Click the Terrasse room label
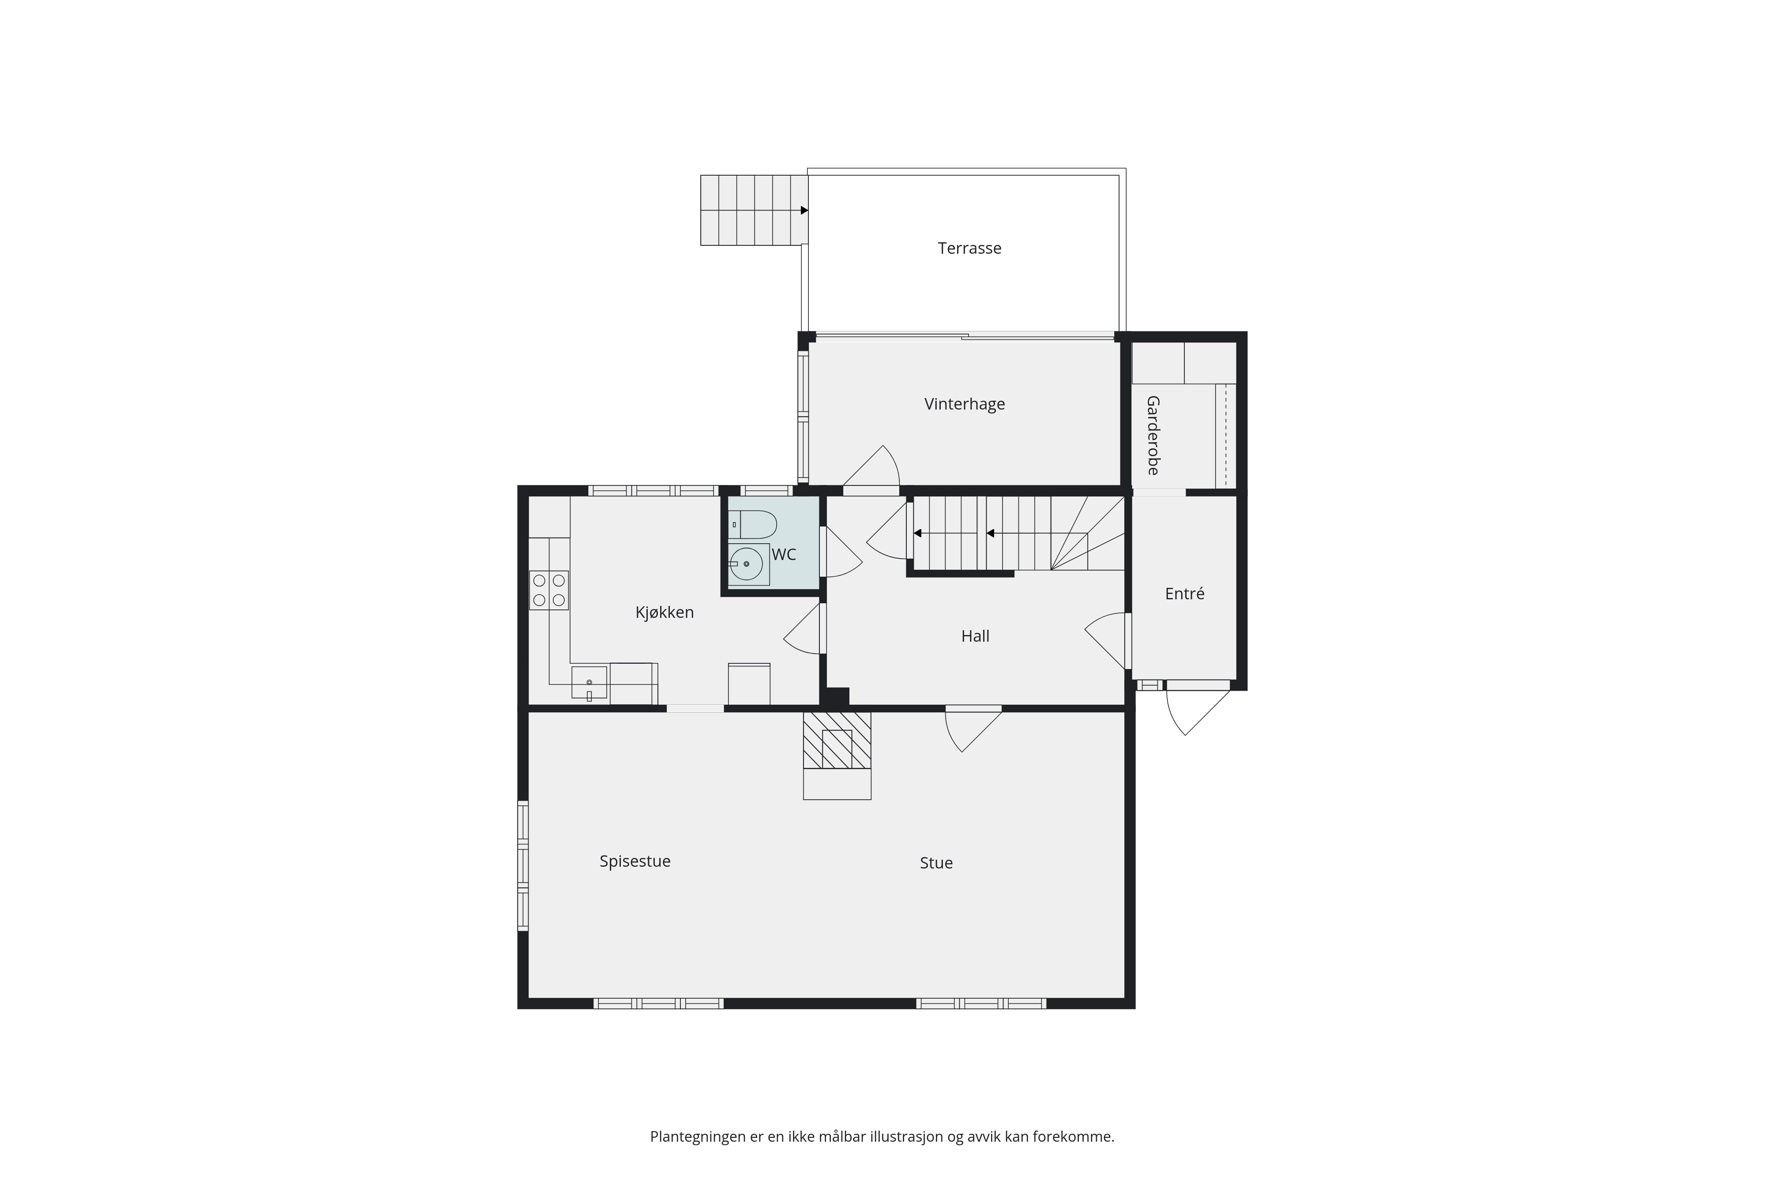[x=969, y=248]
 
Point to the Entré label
[x=1184, y=594]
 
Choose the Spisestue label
[x=635, y=861]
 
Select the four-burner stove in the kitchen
[x=548, y=590]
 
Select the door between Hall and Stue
[x=973, y=729]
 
